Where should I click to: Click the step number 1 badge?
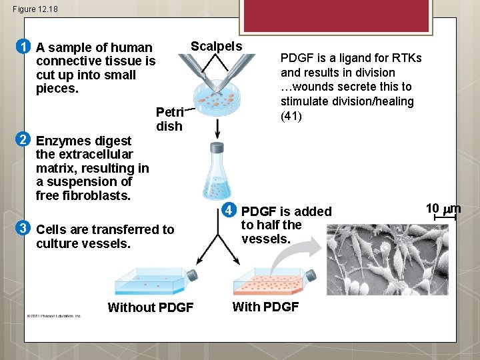[x=23, y=47]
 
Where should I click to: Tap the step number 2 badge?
[x=23, y=139]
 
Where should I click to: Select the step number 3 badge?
[x=23, y=229]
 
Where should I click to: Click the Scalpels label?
[x=216, y=46]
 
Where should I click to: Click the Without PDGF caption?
[x=151, y=307]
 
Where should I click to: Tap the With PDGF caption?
[x=265, y=307]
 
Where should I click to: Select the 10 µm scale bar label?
[x=443, y=209]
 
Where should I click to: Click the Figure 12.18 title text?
[x=35, y=9]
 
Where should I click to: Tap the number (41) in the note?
[x=292, y=115]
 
